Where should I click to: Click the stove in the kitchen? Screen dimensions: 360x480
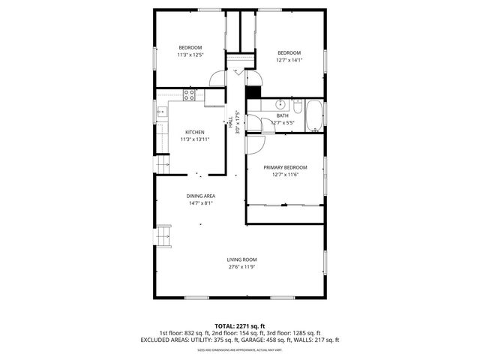point(190,94)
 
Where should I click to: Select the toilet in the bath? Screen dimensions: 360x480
point(297,104)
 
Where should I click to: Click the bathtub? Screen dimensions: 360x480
point(315,115)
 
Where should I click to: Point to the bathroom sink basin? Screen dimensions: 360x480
point(278,104)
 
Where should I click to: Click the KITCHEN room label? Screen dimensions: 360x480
point(194,132)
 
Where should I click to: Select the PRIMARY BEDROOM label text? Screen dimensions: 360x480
point(285,167)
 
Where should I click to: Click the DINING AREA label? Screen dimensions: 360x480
point(201,196)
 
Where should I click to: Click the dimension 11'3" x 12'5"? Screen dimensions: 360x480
point(190,54)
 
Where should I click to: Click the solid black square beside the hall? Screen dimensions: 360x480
point(253,92)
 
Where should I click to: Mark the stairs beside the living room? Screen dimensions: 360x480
point(163,238)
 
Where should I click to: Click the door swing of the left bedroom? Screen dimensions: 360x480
point(217,77)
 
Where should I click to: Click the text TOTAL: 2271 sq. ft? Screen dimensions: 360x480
point(239,326)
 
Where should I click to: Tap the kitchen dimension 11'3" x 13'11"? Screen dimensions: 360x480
point(194,139)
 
